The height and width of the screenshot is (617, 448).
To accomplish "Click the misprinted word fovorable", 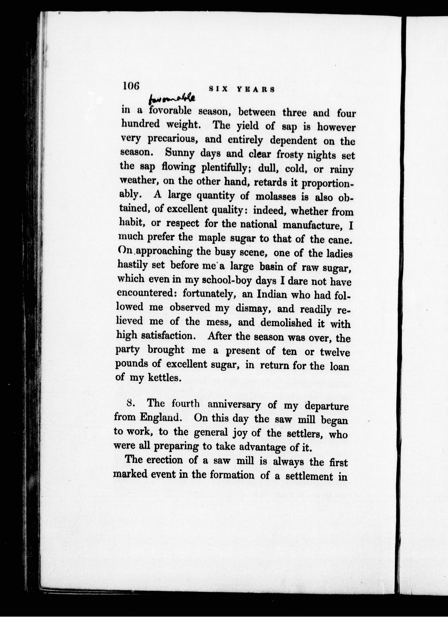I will point(171,111).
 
